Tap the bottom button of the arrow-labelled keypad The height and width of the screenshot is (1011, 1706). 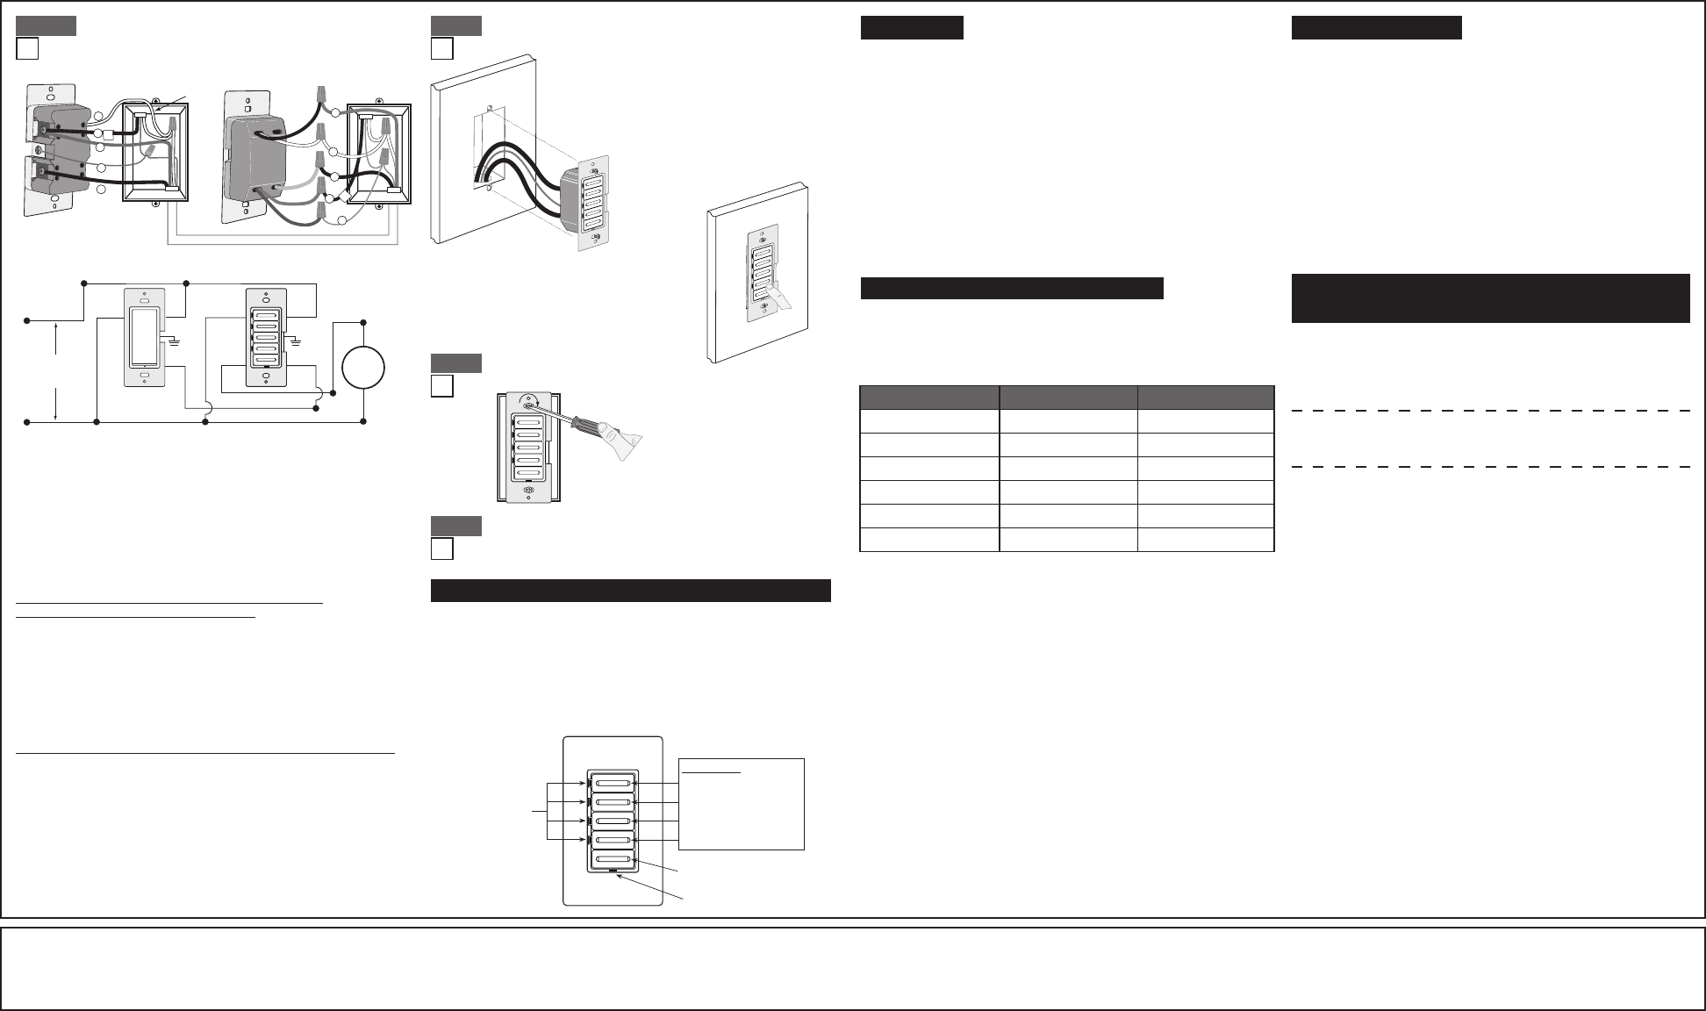612,858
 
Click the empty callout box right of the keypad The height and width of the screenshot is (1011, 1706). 742,804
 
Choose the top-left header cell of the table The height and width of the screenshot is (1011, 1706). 929,397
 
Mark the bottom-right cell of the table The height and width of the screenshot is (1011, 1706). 1205,540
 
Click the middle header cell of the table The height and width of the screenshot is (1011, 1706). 1068,397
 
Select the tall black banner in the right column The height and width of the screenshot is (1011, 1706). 1490,298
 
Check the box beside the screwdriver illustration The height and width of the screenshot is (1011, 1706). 442,386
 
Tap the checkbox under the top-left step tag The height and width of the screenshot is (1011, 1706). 27,48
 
